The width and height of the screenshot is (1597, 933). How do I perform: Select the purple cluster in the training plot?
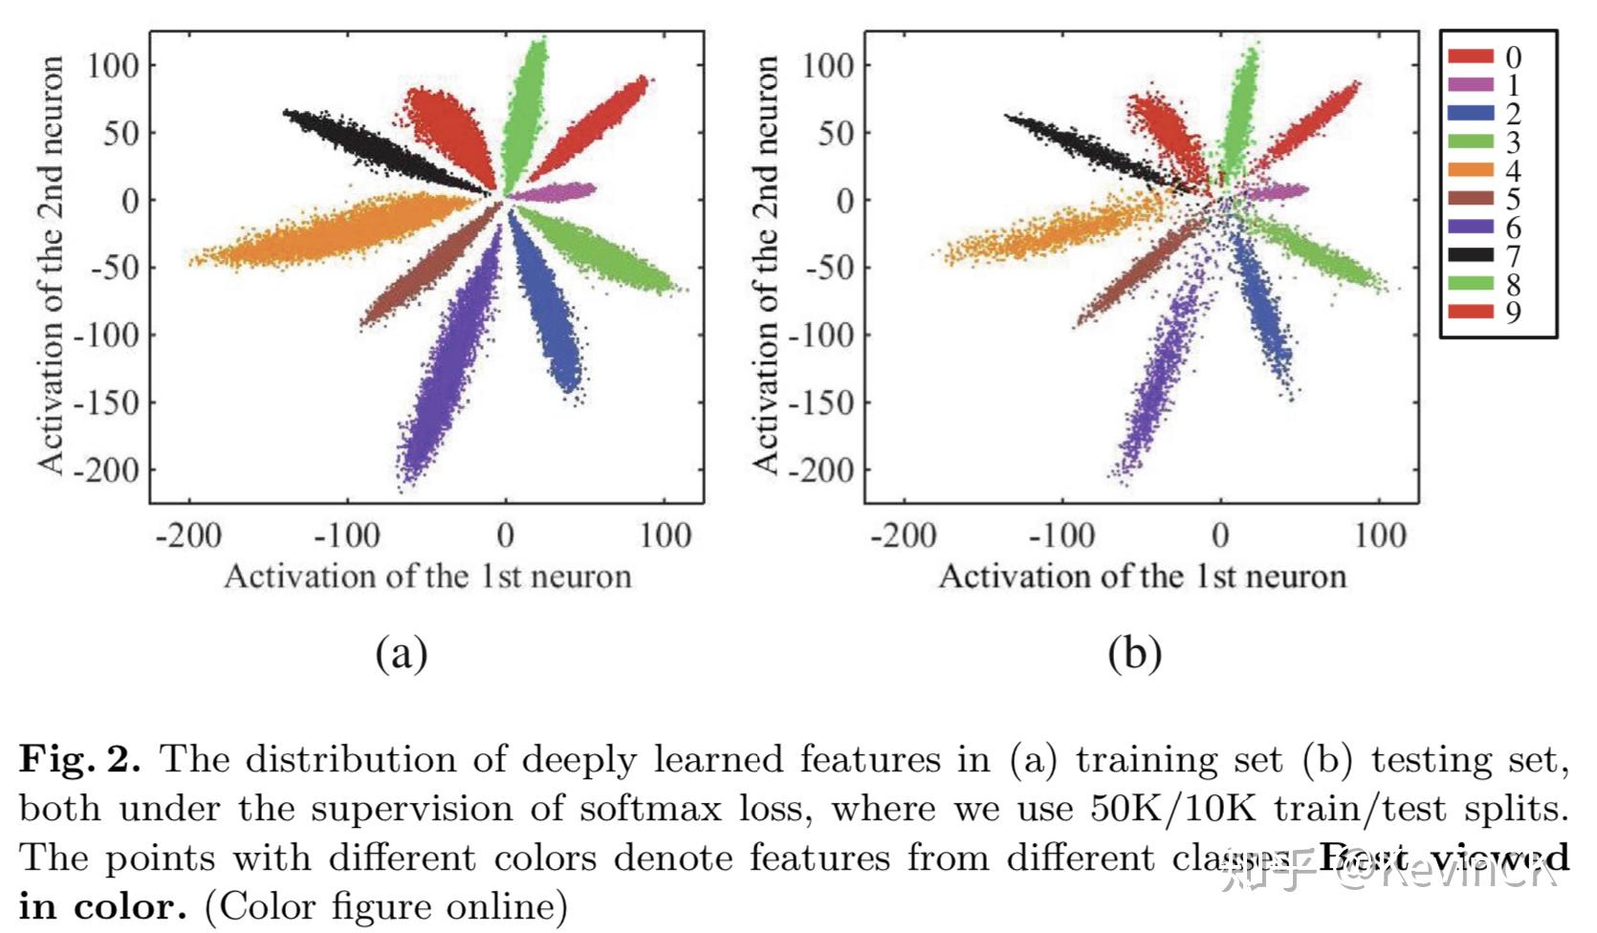coord(449,363)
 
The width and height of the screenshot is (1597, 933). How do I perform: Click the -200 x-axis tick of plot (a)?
coord(188,535)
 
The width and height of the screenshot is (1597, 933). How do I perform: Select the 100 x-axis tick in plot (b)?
coord(1380,535)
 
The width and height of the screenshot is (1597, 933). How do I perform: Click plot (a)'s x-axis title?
coord(427,576)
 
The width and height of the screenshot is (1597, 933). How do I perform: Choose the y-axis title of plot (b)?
coord(764,264)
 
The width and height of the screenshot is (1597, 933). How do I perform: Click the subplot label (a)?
coord(401,654)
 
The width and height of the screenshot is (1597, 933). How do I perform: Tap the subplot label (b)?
coord(1134,654)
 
